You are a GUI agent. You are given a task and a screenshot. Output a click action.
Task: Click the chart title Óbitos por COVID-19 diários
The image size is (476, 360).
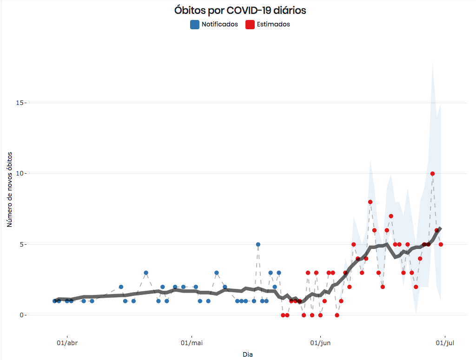coord(240,10)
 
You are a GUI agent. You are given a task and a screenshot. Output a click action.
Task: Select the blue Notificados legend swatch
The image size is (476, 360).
coord(195,25)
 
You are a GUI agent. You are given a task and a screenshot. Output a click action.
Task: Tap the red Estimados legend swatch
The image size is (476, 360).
coord(250,25)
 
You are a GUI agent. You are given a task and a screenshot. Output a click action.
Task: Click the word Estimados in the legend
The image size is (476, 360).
coord(273,25)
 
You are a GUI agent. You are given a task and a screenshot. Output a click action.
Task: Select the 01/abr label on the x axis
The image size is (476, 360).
coord(67,344)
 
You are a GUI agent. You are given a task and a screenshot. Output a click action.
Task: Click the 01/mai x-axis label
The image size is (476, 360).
coord(192,344)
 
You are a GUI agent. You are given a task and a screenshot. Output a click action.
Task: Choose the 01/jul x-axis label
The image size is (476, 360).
coord(445,344)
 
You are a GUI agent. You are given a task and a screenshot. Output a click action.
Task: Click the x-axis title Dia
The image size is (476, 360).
coord(248,354)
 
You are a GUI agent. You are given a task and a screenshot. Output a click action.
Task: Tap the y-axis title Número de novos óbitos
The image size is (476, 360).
coord(9,191)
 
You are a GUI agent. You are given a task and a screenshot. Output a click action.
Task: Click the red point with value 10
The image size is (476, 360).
coord(432,174)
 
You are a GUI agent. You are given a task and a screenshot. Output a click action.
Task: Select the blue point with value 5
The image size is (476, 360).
coord(258,244)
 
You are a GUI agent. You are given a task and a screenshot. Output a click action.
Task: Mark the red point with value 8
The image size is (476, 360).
coord(370,202)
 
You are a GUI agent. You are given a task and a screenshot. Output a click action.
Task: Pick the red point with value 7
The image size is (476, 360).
coord(391,216)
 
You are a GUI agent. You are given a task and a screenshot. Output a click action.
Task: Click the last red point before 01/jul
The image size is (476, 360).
coord(441,244)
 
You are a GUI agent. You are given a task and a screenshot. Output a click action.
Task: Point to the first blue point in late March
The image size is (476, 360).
coord(55,301)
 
